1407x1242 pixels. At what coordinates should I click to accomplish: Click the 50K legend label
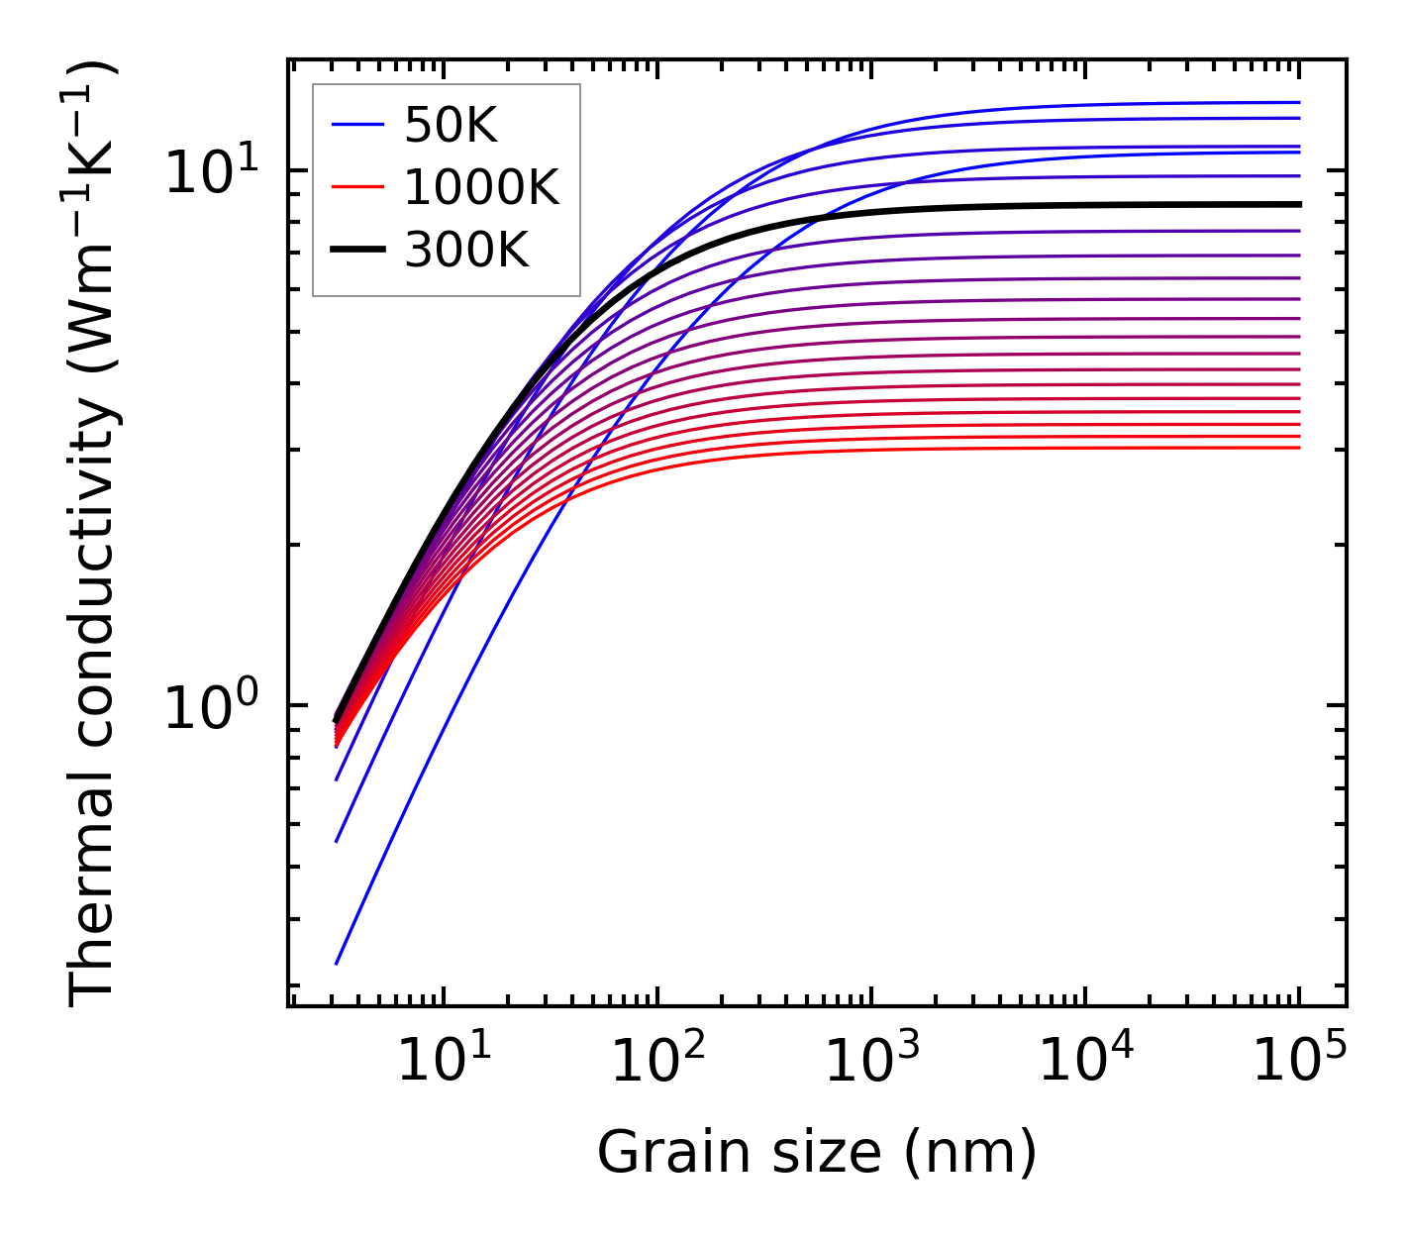tap(451, 125)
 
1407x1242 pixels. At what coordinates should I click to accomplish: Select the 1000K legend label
tap(481, 187)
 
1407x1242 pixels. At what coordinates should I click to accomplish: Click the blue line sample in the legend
tap(356, 125)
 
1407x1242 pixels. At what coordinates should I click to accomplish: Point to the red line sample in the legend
tap(356, 187)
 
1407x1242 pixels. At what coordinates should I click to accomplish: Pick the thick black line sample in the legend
tap(356, 251)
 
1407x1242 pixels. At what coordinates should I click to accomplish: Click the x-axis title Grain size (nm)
tap(817, 1153)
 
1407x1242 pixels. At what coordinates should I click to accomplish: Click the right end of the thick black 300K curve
tap(1297, 204)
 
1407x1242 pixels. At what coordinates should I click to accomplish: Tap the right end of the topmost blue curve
tap(1297, 102)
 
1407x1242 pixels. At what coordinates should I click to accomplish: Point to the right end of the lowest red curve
tap(1297, 448)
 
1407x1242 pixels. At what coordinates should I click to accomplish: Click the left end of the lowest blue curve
tap(337, 963)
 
